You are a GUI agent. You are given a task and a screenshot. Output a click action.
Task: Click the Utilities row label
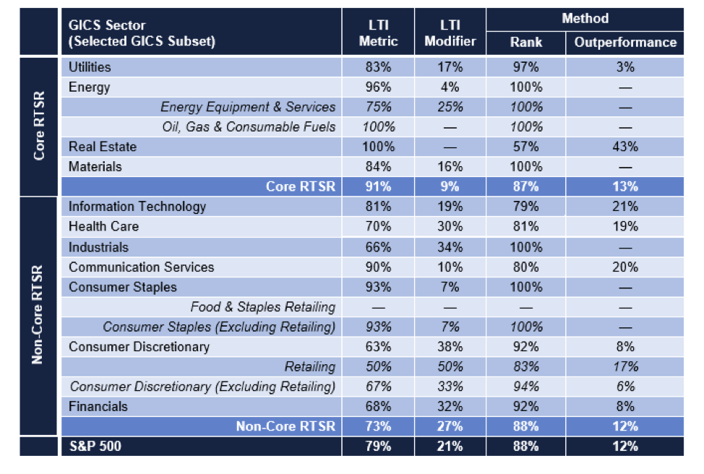pyautogui.click(x=90, y=67)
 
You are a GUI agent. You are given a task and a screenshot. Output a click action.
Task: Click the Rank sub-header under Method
pyautogui.click(x=525, y=42)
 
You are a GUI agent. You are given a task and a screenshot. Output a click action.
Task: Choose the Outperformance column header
pyautogui.click(x=625, y=42)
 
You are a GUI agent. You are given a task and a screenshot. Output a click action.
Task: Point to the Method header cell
pyautogui.click(x=585, y=19)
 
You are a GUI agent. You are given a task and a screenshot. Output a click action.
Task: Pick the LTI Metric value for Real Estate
pyautogui.click(x=378, y=147)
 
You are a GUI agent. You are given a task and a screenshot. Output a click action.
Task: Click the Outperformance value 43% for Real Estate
pyautogui.click(x=625, y=147)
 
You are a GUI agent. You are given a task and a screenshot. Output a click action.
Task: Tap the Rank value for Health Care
pyautogui.click(x=525, y=227)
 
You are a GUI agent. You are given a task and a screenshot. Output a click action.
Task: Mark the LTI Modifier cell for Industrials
pyautogui.click(x=450, y=247)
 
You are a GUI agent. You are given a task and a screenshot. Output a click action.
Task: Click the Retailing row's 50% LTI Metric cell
pyautogui.click(x=378, y=367)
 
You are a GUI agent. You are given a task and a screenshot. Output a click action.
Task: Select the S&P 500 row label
pyautogui.click(x=95, y=446)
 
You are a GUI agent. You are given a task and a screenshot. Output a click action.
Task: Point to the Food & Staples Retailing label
pyautogui.click(x=263, y=307)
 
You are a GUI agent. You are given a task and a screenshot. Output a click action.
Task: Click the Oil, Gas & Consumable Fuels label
pyautogui.click(x=249, y=127)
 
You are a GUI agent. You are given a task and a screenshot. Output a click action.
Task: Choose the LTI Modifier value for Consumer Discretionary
pyautogui.click(x=450, y=347)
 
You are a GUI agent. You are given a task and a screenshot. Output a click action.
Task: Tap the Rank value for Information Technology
pyautogui.click(x=525, y=207)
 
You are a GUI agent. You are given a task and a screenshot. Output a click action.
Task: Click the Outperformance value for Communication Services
pyautogui.click(x=625, y=267)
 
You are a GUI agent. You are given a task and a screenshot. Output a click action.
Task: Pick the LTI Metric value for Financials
pyautogui.click(x=378, y=407)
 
